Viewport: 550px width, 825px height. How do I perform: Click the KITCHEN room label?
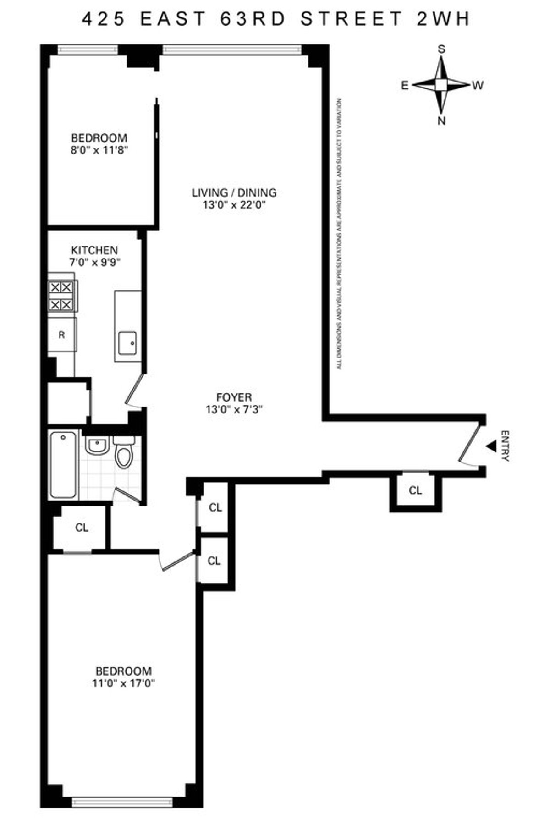tap(94, 250)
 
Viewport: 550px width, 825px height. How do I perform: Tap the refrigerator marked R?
tap(62, 335)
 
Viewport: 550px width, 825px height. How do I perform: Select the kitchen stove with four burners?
tap(61, 296)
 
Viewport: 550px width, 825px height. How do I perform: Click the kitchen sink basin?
tap(127, 343)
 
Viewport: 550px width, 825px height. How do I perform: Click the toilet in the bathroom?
tap(123, 453)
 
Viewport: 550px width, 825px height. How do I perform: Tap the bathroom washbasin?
tap(97, 445)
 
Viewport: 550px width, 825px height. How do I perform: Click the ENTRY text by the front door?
tap(505, 445)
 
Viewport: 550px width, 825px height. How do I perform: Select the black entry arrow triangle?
tap(491, 445)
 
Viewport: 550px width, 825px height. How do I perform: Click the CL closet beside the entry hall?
tap(415, 491)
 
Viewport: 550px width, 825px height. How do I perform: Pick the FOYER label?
tap(234, 397)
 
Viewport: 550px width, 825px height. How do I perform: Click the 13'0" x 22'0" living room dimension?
tap(234, 205)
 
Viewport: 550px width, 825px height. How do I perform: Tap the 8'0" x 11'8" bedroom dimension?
tap(99, 150)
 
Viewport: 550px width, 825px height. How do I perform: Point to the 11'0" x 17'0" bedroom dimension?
tap(123, 683)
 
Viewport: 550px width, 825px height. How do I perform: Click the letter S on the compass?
tap(442, 49)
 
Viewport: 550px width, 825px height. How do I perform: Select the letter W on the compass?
tap(478, 85)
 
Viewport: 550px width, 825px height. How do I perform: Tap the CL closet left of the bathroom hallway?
tap(82, 528)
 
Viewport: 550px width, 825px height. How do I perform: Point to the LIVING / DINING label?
tap(234, 192)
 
